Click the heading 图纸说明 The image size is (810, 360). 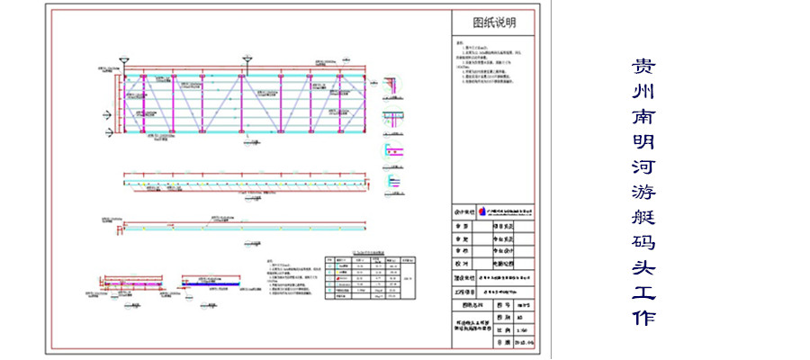[x=494, y=22]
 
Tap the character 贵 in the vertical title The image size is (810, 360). [x=643, y=67]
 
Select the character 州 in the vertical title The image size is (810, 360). [x=643, y=93]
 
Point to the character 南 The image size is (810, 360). [x=643, y=118]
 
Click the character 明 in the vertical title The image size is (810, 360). [x=643, y=142]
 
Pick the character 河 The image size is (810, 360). [x=643, y=167]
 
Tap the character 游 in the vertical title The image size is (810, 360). [x=643, y=193]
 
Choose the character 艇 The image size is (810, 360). [x=643, y=218]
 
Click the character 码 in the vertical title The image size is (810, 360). [x=643, y=243]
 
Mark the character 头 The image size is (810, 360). [x=643, y=268]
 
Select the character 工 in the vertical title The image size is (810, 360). [x=643, y=293]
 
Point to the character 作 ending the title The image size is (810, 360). [x=643, y=319]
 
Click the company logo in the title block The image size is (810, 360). [x=483, y=210]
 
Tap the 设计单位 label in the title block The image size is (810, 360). [x=463, y=211]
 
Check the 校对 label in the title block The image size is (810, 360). [x=463, y=264]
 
